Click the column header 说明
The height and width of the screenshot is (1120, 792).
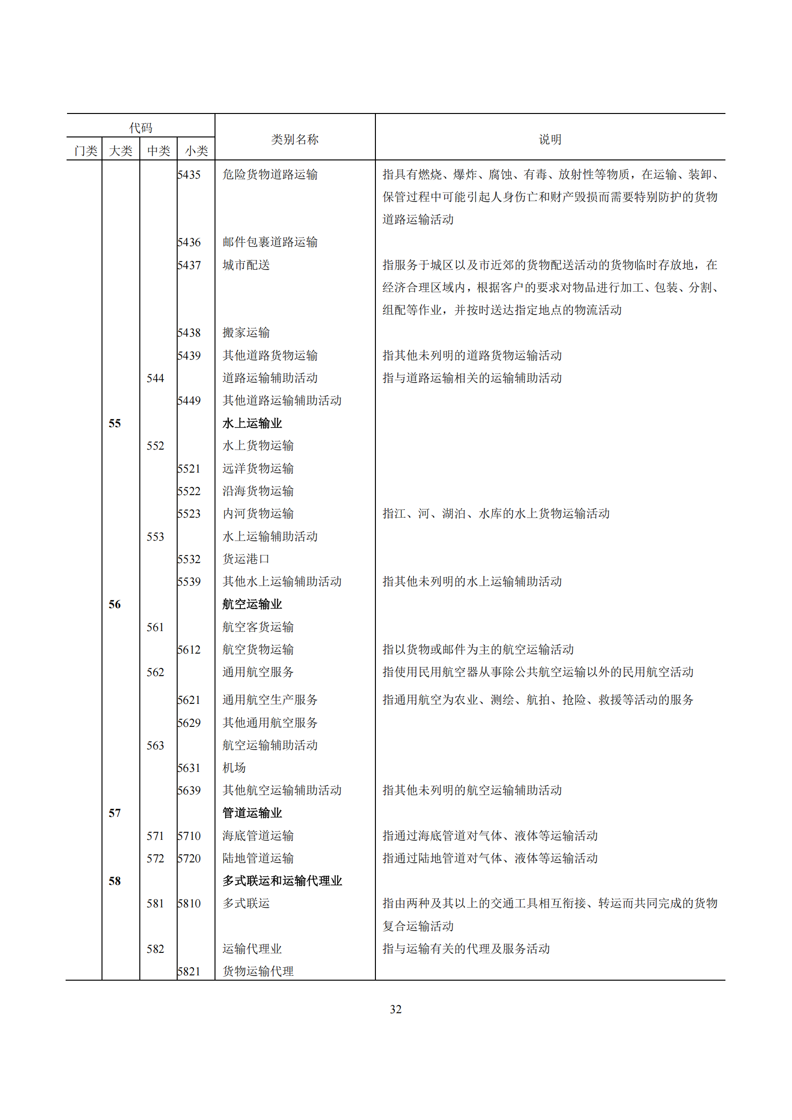550,139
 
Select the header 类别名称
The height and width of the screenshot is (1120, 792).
294,139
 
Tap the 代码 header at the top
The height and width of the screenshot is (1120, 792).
140,128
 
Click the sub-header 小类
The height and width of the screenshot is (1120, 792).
196,151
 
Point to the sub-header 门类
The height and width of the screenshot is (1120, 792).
85,151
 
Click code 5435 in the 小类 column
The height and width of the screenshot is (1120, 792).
189,175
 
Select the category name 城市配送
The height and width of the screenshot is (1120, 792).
246,265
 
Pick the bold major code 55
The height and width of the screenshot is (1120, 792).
114,423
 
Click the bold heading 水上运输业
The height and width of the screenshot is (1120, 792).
252,423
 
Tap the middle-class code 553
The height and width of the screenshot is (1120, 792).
155,537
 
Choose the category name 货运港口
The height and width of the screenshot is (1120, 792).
246,559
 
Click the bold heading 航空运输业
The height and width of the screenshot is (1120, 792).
252,604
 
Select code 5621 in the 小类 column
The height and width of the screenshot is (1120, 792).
189,700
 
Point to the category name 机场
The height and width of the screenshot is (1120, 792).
234,768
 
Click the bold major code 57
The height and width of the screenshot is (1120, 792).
114,813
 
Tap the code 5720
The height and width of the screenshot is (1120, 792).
189,859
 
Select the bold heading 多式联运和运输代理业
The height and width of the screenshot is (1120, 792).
283,881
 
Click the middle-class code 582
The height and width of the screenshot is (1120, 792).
155,949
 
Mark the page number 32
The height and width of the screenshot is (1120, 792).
396,1009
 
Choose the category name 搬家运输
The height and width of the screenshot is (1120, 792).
246,333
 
